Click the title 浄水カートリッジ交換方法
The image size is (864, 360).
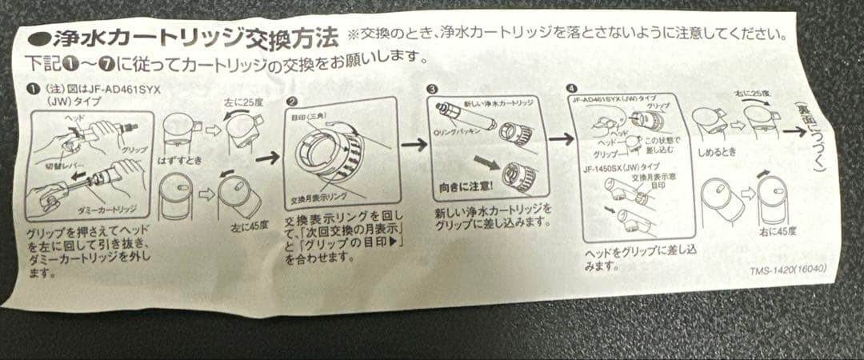192,38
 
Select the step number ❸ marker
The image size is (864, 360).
433,90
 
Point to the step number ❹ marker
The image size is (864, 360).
570,87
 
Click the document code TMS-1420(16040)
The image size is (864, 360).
789,270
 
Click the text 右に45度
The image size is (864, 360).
774,232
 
